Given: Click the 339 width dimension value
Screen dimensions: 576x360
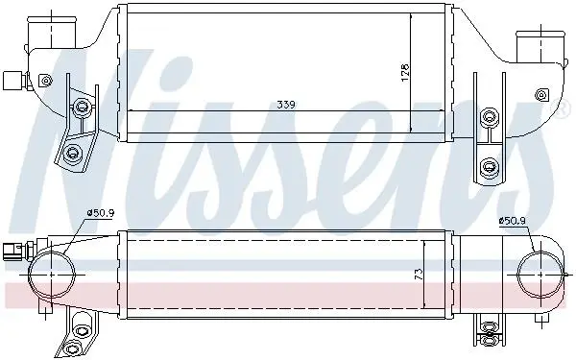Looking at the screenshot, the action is [286, 105].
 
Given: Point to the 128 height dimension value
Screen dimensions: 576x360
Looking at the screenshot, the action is [404, 73].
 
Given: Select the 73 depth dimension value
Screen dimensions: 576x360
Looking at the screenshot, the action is [419, 275].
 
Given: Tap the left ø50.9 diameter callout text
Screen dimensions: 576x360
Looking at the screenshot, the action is [101, 212].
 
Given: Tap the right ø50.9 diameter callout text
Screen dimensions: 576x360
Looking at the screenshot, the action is [513, 221].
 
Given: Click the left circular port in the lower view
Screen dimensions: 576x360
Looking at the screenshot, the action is [52, 274].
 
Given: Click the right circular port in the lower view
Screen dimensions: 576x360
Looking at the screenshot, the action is [540, 275].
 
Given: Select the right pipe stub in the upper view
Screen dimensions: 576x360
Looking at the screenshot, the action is [540, 47].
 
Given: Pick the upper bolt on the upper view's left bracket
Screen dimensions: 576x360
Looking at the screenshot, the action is [82, 107].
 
